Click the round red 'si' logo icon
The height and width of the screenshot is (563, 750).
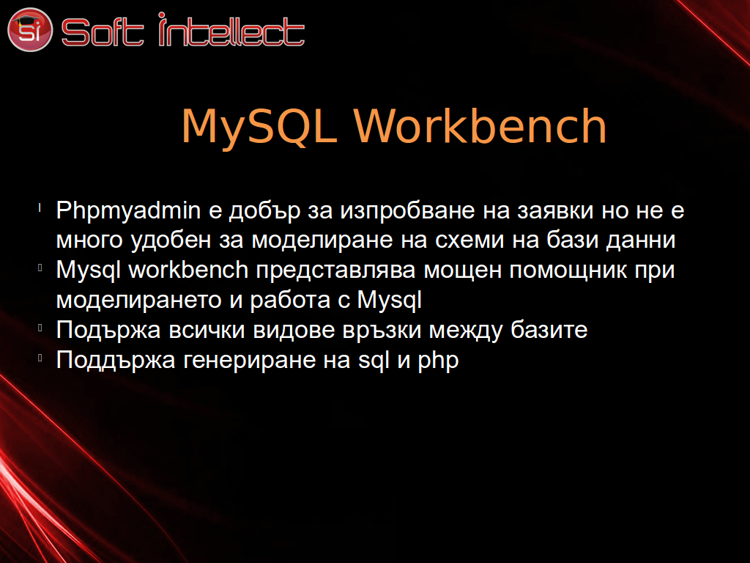[x=29, y=29]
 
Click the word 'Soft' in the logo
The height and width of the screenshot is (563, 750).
[x=103, y=32]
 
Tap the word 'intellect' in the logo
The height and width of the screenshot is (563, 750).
[x=231, y=29]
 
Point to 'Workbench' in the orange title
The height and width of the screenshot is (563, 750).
[x=480, y=125]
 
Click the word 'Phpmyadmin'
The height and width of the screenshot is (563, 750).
[x=128, y=211]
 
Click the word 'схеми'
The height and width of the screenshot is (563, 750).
[x=469, y=240]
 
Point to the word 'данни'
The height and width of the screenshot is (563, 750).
[x=640, y=240]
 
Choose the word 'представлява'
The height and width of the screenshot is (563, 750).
[x=335, y=271]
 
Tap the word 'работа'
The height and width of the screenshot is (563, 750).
[x=290, y=301]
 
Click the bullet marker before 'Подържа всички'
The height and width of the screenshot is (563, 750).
[x=40, y=328]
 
